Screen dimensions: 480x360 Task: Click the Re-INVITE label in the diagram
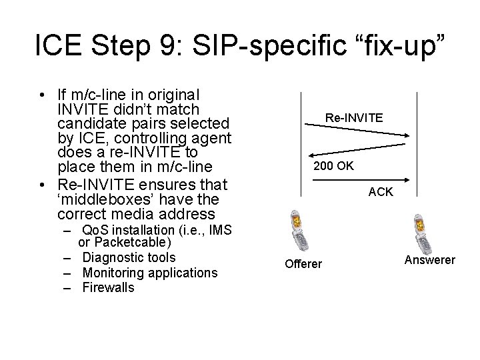coord(353,117)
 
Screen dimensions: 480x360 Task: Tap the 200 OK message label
coord(333,165)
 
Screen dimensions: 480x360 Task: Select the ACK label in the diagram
coord(381,192)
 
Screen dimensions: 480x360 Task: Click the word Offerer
coord(303,264)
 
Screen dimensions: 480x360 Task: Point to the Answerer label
coord(430,260)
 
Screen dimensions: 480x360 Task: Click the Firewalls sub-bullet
coord(108,288)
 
